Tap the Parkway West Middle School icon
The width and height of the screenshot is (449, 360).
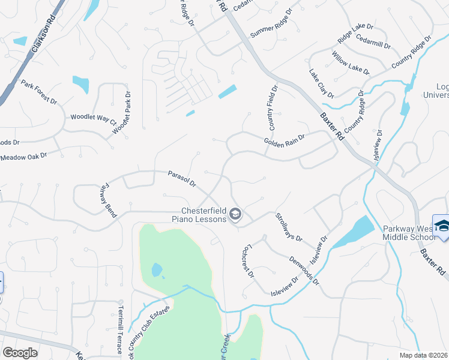coord(441,225)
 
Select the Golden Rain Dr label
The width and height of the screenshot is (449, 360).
coord(284,141)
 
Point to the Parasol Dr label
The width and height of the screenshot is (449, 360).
coord(182,179)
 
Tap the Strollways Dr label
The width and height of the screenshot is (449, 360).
coord(288,227)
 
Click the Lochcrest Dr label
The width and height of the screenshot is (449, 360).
coord(247,260)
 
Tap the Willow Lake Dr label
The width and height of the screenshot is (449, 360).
coord(350,62)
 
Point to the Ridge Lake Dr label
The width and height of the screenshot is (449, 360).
coord(355,32)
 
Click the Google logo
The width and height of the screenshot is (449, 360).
coord(20,353)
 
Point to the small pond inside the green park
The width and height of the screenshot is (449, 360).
coord(157,271)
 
